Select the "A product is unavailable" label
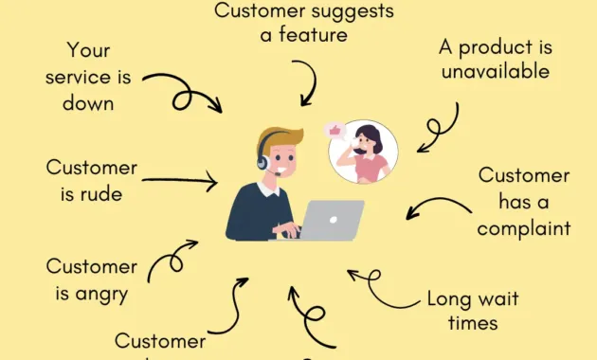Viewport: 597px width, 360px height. pyautogui.click(x=496, y=59)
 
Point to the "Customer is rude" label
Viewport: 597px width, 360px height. pyautogui.click(x=91, y=181)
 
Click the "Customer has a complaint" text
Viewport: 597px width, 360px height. pyautogui.click(x=523, y=202)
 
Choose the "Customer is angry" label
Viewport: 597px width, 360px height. pyautogui.click(x=87, y=279)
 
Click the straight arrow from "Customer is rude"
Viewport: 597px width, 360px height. pyautogui.click(x=180, y=179)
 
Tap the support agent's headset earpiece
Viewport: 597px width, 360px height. pyautogui.click(x=262, y=162)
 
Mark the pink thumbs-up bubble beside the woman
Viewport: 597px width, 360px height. pyautogui.click(x=334, y=129)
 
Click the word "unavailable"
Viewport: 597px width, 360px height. pyautogui.click(x=496, y=71)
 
